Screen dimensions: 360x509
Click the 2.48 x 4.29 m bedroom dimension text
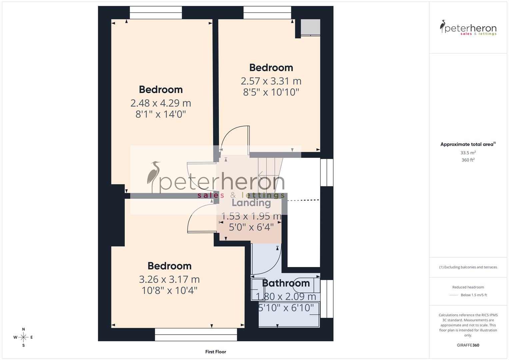160,103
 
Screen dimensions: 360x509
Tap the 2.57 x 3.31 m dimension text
271,81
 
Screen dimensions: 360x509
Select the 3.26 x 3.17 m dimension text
169,279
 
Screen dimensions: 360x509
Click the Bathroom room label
286,283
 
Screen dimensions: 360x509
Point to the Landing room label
251,203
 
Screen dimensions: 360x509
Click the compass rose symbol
23,337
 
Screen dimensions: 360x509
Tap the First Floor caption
216,352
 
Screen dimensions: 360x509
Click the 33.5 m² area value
468,153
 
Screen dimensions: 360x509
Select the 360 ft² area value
468,160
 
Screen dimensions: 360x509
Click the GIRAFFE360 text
468,345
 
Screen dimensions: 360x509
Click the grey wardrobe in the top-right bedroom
310,27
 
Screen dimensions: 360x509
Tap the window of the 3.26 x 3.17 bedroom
196,334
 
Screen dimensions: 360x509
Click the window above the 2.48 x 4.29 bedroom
156,13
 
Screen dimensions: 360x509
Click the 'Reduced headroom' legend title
468,287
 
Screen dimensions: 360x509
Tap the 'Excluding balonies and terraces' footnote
468,267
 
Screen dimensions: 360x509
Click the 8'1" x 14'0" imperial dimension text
160,115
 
